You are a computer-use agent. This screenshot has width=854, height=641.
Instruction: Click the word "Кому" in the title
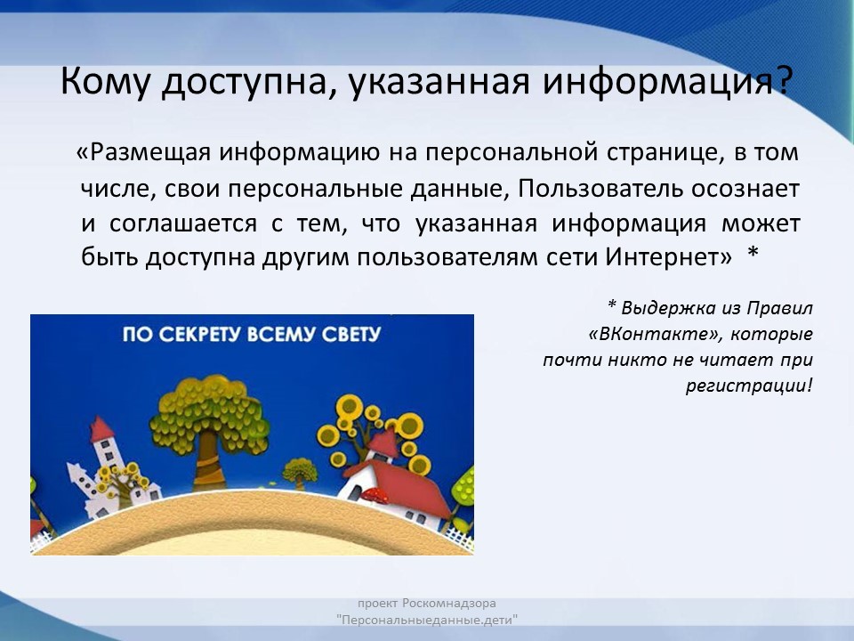[x=103, y=82]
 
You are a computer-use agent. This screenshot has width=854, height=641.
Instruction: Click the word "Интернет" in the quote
[x=668, y=256]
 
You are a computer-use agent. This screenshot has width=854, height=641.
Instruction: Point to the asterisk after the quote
[x=753, y=252]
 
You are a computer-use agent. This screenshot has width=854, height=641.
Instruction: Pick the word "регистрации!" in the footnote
[x=749, y=385]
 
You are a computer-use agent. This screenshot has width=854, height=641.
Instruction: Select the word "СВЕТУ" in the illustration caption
[x=351, y=334]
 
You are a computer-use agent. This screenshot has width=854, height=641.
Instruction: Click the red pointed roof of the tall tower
[x=101, y=429]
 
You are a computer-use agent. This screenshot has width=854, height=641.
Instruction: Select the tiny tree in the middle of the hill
[x=300, y=473]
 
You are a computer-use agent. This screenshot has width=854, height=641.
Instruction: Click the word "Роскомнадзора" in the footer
[x=449, y=604]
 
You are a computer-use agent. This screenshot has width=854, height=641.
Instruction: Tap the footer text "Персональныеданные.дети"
[x=427, y=621]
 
